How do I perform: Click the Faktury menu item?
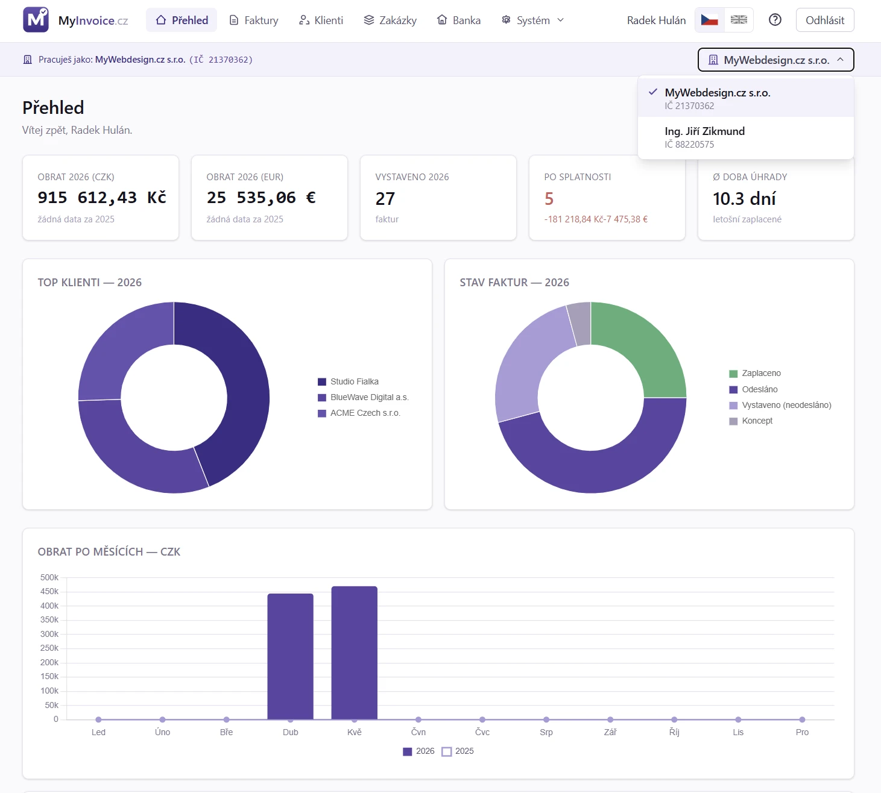254,20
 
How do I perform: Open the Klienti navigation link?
321,20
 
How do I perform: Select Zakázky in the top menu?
390,20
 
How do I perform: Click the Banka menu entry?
458,20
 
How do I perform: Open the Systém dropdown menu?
532,20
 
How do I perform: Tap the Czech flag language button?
709,20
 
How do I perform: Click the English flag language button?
739,20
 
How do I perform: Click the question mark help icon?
775,20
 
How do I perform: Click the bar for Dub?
290,657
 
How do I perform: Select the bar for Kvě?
355,653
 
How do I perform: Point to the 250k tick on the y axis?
49,648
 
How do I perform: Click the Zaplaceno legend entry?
755,374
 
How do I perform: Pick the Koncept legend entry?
751,421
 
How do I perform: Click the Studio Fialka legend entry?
349,382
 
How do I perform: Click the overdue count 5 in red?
549,199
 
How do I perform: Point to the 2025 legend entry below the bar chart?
458,751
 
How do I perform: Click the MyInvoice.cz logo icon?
36,20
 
